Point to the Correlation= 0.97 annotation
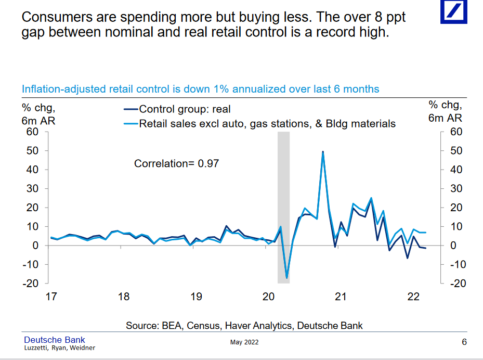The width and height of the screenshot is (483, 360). coord(177,163)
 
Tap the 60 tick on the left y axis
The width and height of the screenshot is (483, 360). coord(32,132)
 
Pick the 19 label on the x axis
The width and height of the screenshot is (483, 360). coord(196,297)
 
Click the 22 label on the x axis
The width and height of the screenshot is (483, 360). coord(413,297)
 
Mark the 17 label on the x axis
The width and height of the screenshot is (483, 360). coord(51,297)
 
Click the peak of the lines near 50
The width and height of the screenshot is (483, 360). coord(323,152)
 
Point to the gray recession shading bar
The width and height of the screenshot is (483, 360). coord(283,208)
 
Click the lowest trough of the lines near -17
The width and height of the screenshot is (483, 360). coord(286,278)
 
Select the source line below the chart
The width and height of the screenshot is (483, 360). coord(244,326)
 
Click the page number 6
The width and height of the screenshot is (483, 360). coord(464,342)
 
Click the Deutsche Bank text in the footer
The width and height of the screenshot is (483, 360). coord(55,340)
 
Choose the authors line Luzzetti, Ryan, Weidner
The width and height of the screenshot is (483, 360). coord(60,348)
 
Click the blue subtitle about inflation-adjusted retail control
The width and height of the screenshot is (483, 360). coord(200,89)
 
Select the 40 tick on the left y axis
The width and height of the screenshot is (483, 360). coord(32,170)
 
